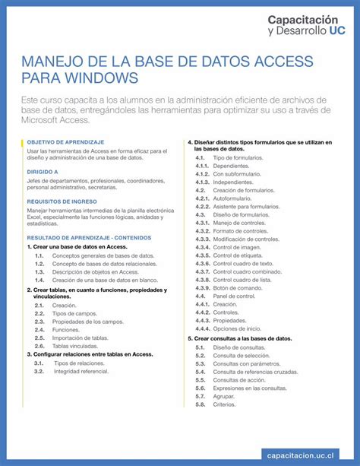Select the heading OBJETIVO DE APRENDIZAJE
[x=65, y=142]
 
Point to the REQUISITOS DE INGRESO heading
[x=60, y=201]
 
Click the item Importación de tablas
[x=80, y=338]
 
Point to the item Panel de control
[x=234, y=296]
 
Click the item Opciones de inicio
[x=238, y=329]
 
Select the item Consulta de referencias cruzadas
[x=255, y=372]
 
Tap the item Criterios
[x=224, y=404]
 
